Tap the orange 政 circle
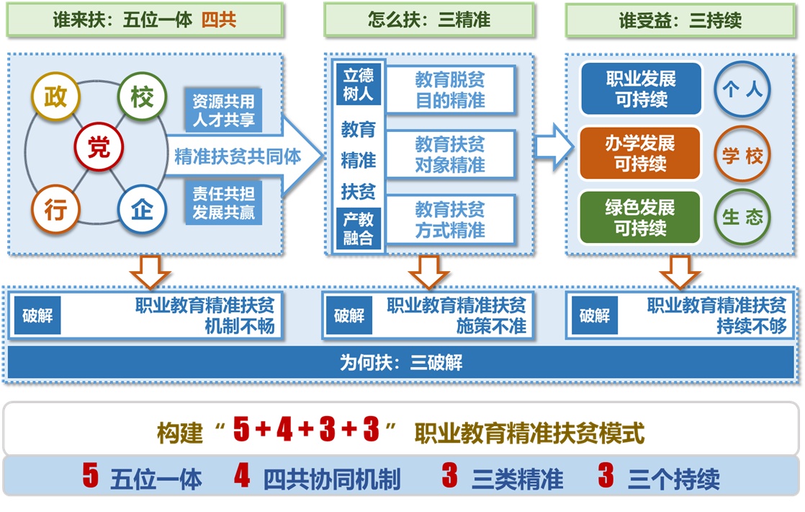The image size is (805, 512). click(x=55, y=97)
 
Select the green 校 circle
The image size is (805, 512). click(x=142, y=97)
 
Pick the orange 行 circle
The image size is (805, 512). click(x=55, y=210)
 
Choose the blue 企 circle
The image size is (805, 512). click(x=142, y=210)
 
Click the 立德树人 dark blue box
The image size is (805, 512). click(x=358, y=84)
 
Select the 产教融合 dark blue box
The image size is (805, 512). click(x=358, y=229)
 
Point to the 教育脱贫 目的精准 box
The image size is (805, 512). click(x=451, y=90)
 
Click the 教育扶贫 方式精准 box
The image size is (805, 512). click(x=451, y=220)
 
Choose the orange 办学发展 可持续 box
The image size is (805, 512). click(x=640, y=154)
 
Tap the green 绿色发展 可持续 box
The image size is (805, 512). click(x=640, y=218)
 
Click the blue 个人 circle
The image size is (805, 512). click(x=742, y=90)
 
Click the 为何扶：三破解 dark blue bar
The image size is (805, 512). click(x=401, y=363)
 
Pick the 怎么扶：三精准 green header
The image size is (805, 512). click(x=429, y=20)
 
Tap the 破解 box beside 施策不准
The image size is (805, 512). click(x=349, y=316)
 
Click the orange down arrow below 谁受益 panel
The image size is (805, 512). click(x=680, y=271)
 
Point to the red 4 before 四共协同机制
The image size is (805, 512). click(x=243, y=477)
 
